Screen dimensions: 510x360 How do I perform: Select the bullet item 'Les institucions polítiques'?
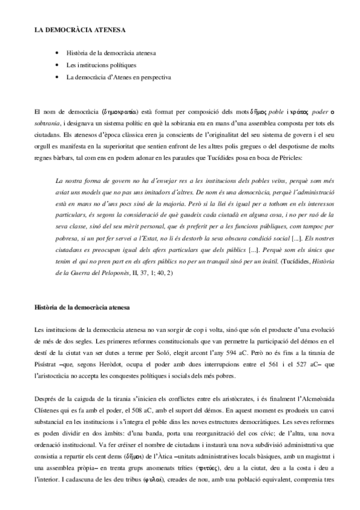point(101,65)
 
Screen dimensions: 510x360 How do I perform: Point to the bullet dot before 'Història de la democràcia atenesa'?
point(56,54)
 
